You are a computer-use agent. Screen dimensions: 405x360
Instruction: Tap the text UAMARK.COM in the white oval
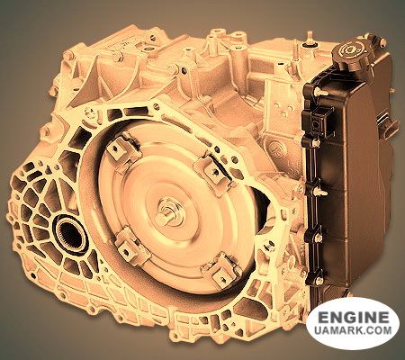point(353,330)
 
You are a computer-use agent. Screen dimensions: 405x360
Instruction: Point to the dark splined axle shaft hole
point(70,235)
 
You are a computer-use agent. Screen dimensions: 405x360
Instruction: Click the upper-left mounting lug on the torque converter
point(123,151)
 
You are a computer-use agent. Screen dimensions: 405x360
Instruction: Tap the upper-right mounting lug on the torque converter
point(213,170)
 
